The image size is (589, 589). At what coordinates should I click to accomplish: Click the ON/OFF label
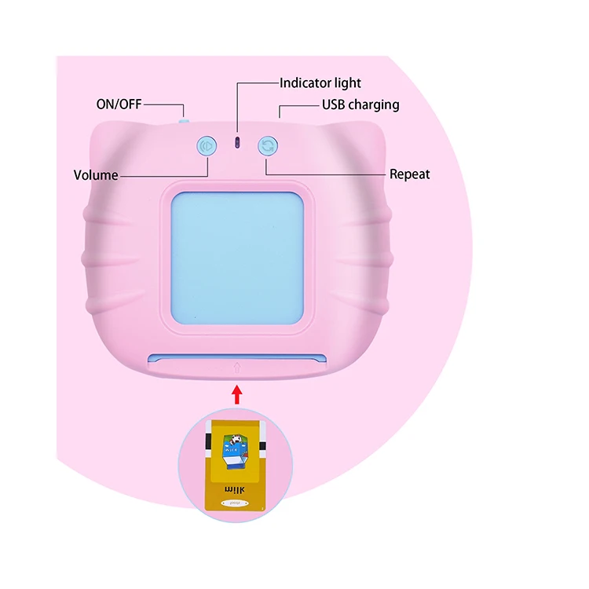(x=118, y=104)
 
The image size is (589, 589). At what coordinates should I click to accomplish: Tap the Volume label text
(x=96, y=175)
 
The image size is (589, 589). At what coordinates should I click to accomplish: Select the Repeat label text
(x=410, y=174)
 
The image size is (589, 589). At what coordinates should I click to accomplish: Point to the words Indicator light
(x=320, y=82)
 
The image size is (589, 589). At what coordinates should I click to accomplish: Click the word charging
(x=373, y=104)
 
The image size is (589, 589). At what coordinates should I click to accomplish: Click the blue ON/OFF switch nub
(x=184, y=121)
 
